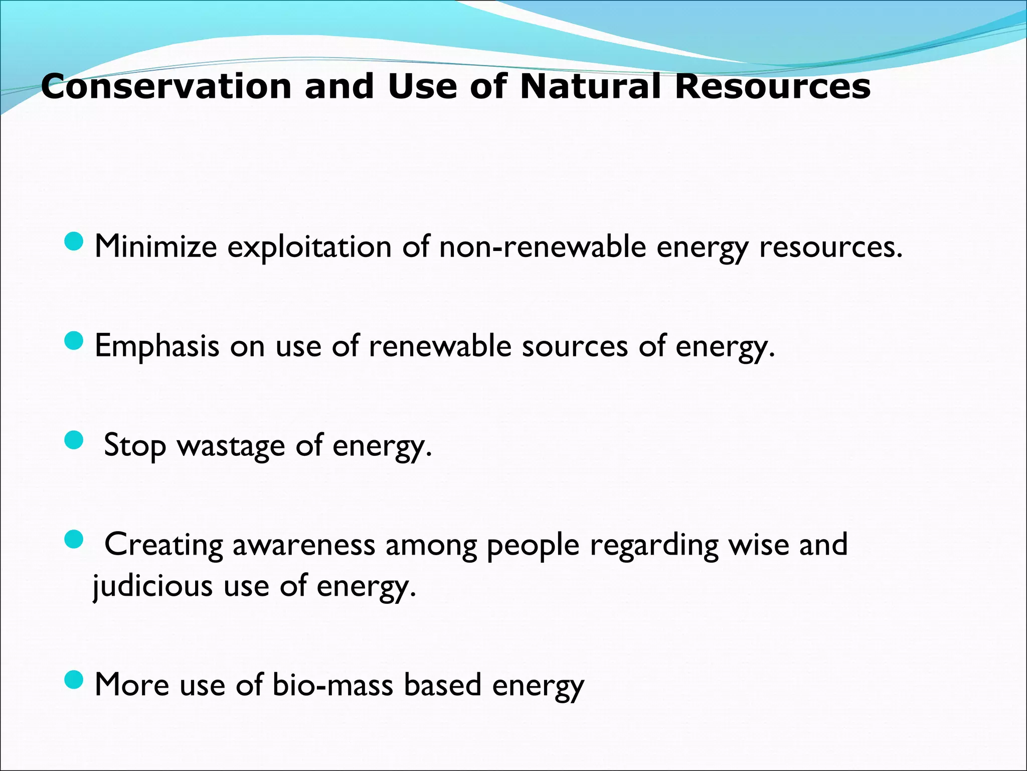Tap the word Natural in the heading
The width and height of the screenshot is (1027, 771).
click(590, 86)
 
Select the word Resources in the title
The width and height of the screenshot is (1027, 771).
click(772, 86)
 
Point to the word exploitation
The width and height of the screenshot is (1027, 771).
click(309, 247)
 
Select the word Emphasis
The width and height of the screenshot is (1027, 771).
click(157, 346)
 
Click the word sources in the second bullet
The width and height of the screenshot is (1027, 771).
click(575, 346)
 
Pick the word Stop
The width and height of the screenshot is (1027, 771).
click(134, 446)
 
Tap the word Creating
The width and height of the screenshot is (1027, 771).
click(163, 545)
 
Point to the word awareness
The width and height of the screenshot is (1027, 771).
click(303, 545)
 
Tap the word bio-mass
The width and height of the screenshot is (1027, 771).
click(332, 685)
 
